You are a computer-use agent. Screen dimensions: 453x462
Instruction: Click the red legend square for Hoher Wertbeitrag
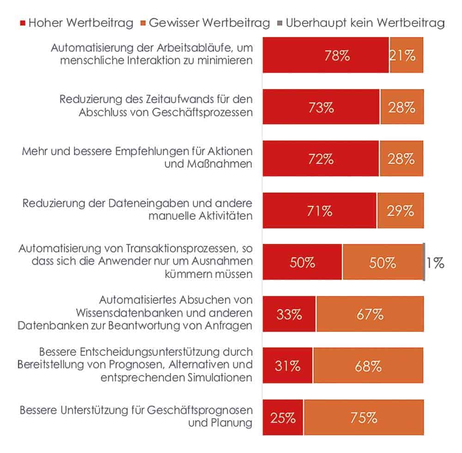(x=23, y=23)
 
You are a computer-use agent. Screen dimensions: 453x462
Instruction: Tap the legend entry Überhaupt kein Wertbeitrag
(x=365, y=23)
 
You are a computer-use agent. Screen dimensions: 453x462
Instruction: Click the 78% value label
(x=337, y=56)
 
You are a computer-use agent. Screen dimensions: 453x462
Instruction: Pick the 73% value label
(x=322, y=108)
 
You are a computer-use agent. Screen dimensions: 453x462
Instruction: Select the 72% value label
(x=321, y=159)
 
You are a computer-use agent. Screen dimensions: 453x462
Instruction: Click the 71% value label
(x=320, y=211)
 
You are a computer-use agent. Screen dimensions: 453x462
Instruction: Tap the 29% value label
(x=401, y=211)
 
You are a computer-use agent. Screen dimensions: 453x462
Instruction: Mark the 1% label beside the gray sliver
(x=435, y=263)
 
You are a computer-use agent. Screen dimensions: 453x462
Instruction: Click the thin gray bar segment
(x=424, y=262)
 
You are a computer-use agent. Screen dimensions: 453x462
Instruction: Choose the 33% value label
(x=289, y=314)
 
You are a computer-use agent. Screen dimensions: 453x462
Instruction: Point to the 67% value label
(x=370, y=314)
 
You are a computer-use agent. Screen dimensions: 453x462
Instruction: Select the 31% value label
(x=287, y=366)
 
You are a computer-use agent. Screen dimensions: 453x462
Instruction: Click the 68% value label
(x=368, y=366)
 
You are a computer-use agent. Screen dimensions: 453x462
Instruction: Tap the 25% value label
(x=283, y=418)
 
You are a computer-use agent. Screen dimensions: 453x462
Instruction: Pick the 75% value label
(x=364, y=418)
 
